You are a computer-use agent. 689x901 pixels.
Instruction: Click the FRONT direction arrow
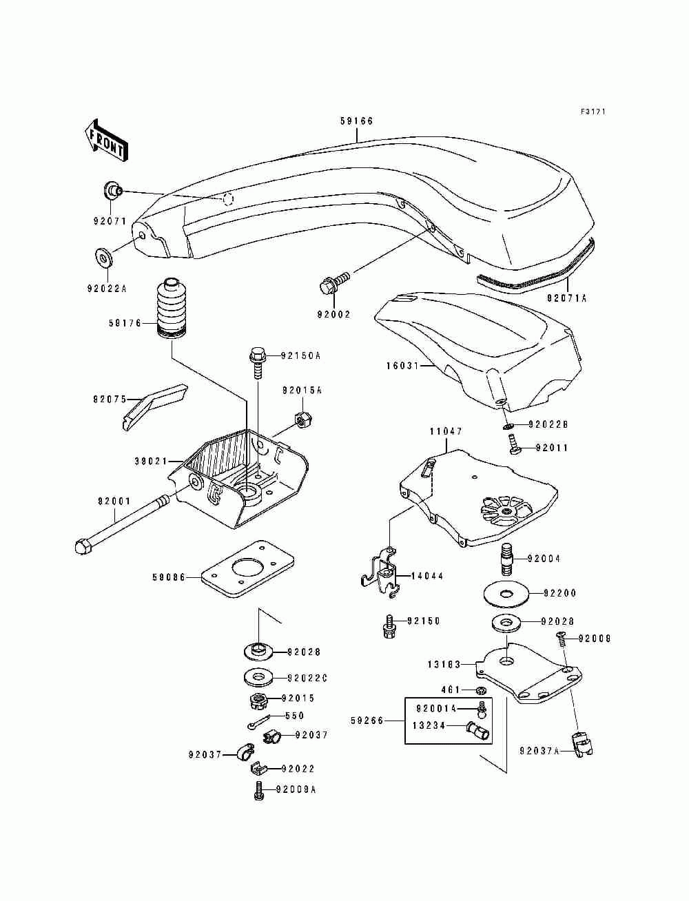coord(106,141)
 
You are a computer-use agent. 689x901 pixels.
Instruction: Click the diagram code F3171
coord(593,112)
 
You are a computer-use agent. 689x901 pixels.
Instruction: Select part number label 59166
coord(356,121)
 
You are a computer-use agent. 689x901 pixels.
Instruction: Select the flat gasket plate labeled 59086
coord(247,568)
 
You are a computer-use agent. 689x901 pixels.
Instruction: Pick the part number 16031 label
coord(403,365)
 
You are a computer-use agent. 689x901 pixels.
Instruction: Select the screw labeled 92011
coord(515,446)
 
